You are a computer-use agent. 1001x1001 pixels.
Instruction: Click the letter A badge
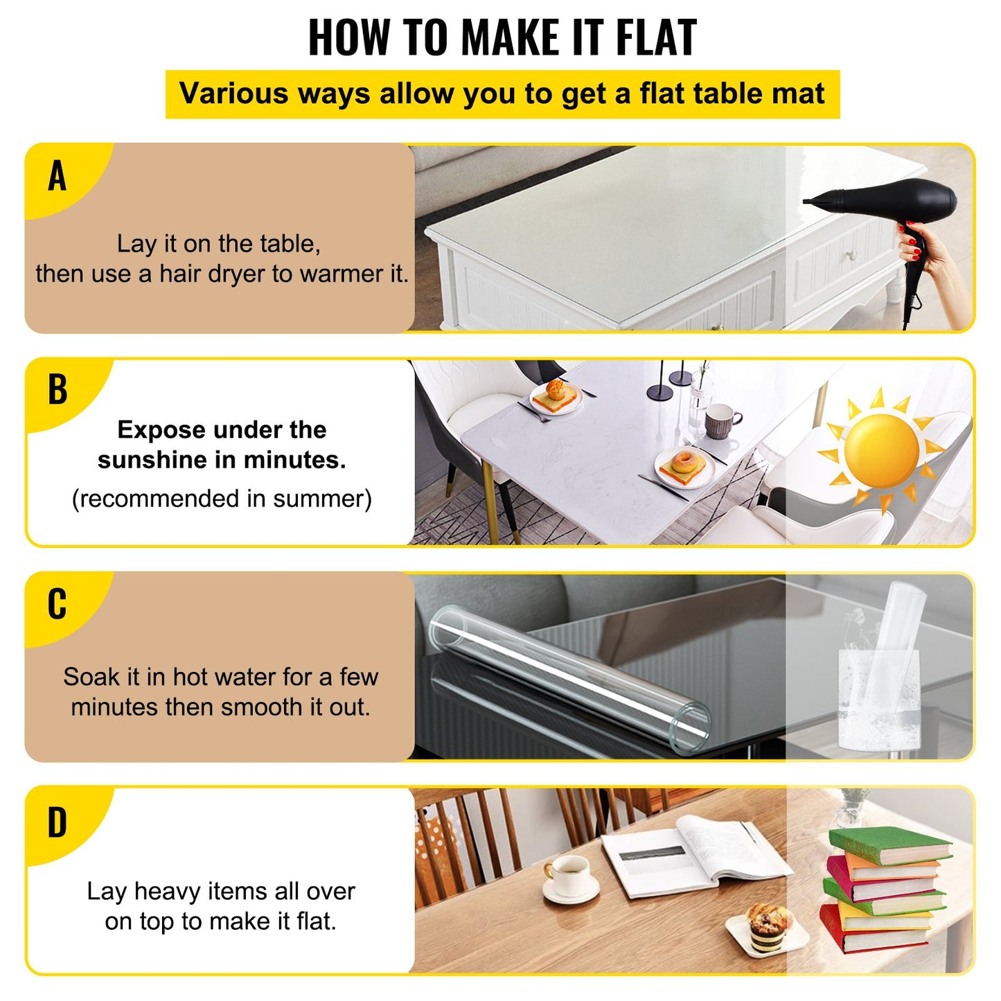point(57,176)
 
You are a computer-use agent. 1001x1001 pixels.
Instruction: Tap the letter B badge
point(57,390)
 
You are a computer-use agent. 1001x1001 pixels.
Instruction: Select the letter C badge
point(57,604)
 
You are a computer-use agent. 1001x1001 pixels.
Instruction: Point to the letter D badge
point(57,823)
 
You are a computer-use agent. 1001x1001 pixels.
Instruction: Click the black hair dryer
point(894,208)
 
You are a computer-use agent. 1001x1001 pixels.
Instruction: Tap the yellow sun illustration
point(881,450)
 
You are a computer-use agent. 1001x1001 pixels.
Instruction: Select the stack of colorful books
point(883,890)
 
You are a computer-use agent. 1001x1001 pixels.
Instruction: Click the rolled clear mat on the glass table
point(568,679)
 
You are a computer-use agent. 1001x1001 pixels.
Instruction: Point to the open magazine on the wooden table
point(693,856)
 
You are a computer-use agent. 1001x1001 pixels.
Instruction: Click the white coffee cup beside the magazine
point(569,876)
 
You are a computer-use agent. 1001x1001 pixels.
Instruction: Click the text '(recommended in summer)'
point(222,499)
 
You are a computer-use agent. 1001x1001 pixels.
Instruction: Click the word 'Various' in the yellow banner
point(233,94)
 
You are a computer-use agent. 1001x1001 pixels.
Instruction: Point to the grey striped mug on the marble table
point(720,420)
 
